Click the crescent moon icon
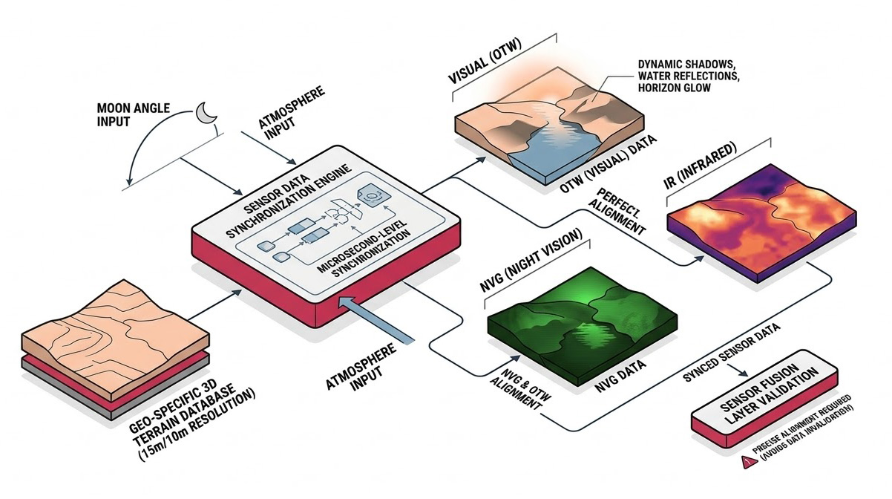point(204,112)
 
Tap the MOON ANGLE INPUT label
point(133,114)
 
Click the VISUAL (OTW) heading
point(487,68)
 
